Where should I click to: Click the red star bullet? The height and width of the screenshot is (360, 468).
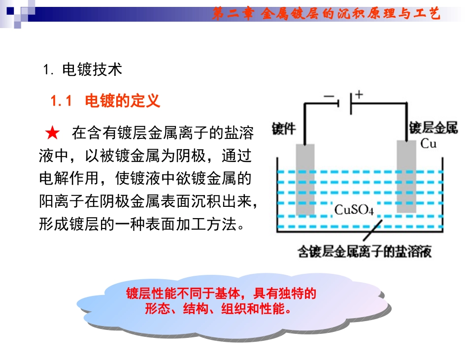pos(52,133)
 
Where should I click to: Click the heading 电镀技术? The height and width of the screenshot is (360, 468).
pos(92,70)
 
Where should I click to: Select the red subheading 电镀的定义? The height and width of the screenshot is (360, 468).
pos(123,101)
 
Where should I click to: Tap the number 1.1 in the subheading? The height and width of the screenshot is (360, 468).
pos(62,101)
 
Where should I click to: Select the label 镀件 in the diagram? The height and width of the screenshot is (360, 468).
pos(284,129)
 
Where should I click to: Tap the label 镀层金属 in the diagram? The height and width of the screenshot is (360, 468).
pos(434,129)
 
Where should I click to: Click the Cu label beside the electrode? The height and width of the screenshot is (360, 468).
pos(429,144)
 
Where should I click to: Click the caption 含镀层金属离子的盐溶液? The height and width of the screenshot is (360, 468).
pos(365,252)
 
